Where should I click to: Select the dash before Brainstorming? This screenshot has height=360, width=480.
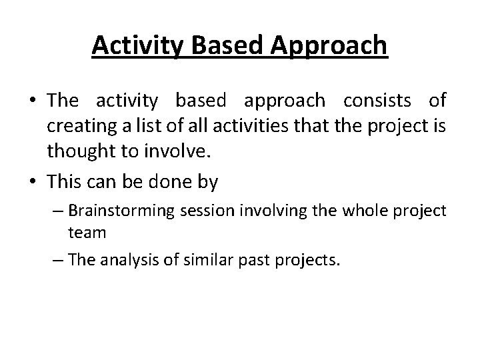tap(58, 211)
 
